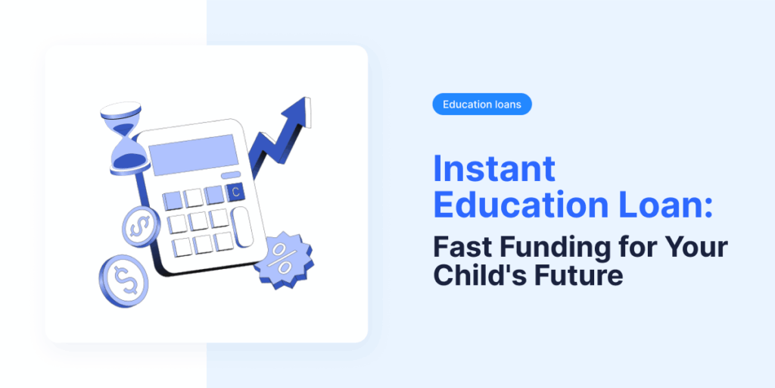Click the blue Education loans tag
pyautogui.click(x=482, y=105)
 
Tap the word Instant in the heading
pyautogui.click(x=494, y=168)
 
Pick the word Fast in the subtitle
pyautogui.click(x=463, y=246)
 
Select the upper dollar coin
pyautogui.click(x=140, y=227)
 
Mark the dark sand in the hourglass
pyautogui.click(x=127, y=158)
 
